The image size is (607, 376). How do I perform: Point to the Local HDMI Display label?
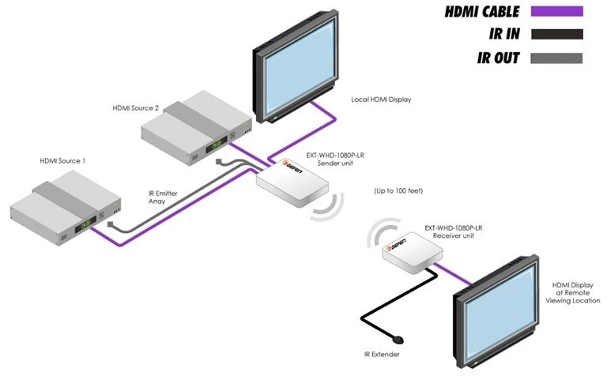[x=382, y=100]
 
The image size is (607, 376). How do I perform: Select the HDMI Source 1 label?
[x=62, y=160]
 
